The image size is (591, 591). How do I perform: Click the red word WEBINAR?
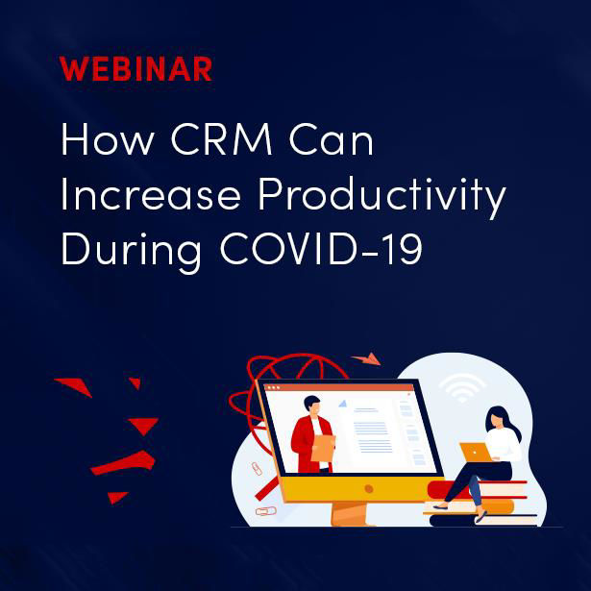pyautogui.click(x=135, y=69)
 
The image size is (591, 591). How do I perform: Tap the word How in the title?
pyautogui.click(x=108, y=138)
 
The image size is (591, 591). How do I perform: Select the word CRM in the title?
pyautogui.click(x=222, y=138)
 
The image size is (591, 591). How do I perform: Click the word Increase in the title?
pyautogui.click(x=151, y=194)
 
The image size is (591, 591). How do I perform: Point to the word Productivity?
pyautogui.click(x=382, y=197)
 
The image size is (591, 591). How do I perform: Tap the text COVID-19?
pyautogui.click(x=321, y=249)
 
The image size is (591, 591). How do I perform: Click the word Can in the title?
pyautogui.click(x=332, y=138)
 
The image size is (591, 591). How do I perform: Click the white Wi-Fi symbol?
pyautogui.click(x=462, y=387)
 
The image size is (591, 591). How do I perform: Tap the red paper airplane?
pyautogui.click(x=366, y=358)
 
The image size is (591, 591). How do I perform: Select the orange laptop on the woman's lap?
pyautogui.click(x=476, y=452)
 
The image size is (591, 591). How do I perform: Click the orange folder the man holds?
pyautogui.click(x=323, y=448)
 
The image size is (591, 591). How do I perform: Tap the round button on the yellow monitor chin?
pyautogui.click(x=369, y=489)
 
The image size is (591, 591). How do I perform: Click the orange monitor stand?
pyautogui.click(x=349, y=513)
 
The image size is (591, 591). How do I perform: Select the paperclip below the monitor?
pyautogui.click(x=266, y=511)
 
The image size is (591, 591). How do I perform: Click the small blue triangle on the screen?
pyautogui.click(x=343, y=404)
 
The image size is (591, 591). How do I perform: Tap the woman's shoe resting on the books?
pyautogui.click(x=441, y=507)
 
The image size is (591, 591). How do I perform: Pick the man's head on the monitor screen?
pyautogui.click(x=312, y=406)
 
